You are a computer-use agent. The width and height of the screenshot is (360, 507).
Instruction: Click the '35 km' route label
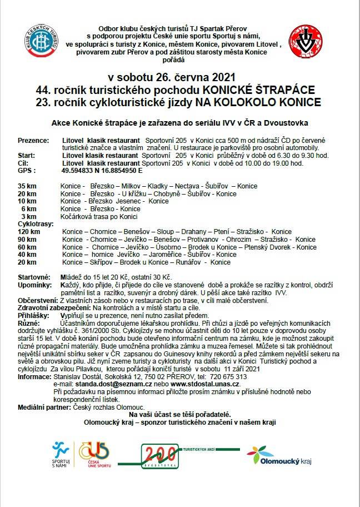28,186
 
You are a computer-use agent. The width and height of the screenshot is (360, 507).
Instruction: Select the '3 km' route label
29,216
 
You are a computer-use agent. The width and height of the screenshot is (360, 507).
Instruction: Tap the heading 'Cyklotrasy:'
36,224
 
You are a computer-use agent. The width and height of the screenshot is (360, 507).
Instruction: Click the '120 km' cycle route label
29,232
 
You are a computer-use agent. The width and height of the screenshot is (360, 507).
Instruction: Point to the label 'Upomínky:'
36,285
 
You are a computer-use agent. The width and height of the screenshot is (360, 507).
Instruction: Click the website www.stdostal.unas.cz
205,384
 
